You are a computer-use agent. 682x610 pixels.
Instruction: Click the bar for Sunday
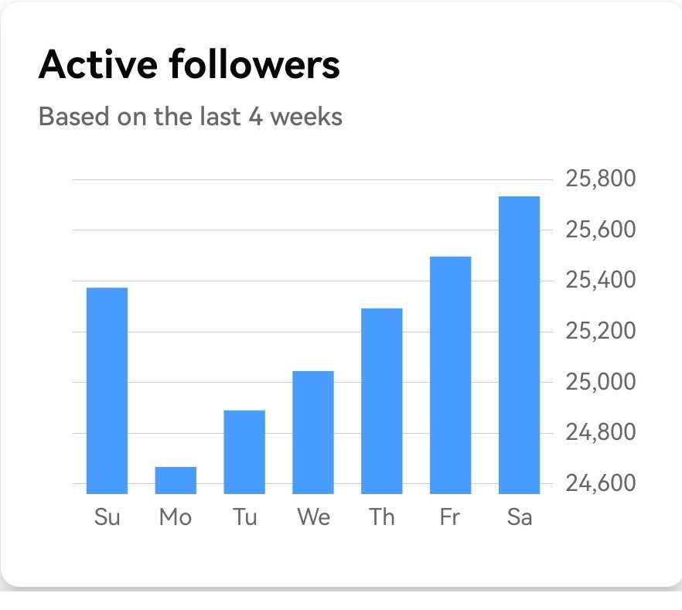[x=107, y=390]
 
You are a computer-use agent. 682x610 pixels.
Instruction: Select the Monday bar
[x=176, y=480]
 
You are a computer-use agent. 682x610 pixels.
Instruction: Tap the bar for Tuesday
[x=244, y=452]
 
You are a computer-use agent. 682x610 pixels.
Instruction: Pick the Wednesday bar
[x=313, y=432]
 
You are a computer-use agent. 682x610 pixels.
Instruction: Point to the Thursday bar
[x=382, y=400]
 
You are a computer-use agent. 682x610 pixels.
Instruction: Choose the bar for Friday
[x=450, y=375]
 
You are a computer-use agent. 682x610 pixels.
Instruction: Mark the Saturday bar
[x=519, y=345]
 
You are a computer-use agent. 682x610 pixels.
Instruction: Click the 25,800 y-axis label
[x=601, y=179]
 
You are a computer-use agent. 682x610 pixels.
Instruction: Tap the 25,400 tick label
[x=601, y=280]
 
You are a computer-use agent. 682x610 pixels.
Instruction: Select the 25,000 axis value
[x=601, y=382]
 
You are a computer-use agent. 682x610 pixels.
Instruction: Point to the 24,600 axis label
[x=601, y=483]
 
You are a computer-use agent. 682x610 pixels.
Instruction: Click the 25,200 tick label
[x=601, y=331]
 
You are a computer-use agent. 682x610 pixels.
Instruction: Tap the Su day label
[x=107, y=517]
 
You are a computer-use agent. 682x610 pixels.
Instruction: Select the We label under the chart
[x=313, y=517]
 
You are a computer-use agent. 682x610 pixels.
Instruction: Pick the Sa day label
[x=520, y=517]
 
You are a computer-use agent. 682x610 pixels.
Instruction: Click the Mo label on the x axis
[x=176, y=517]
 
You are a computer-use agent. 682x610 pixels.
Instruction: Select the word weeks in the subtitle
[x=305, y=117]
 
